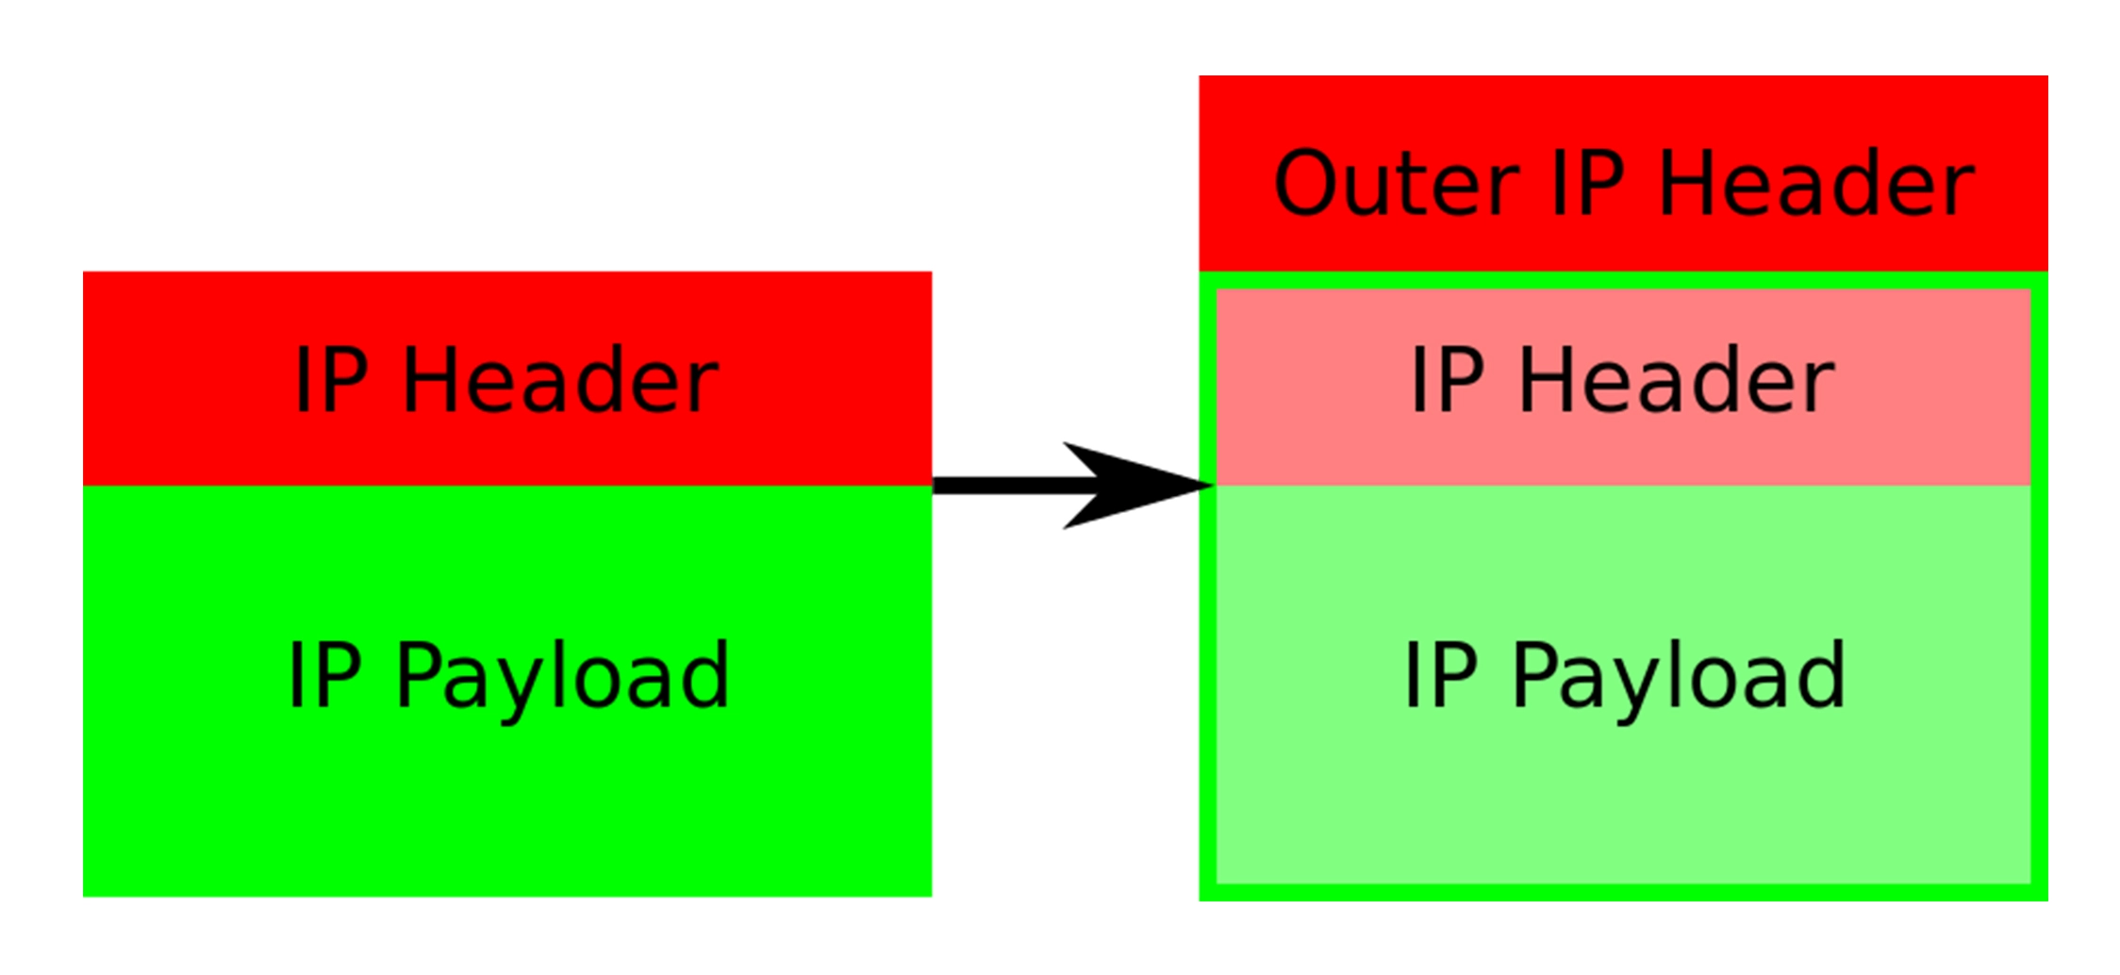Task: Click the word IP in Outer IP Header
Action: (1587, 183)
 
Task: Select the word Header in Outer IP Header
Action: (1816, 183)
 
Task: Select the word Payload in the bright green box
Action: (562, 677)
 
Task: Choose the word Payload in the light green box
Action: (1679, 677)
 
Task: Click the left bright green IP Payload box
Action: (507, 811)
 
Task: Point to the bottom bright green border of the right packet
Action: (1622, 892)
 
